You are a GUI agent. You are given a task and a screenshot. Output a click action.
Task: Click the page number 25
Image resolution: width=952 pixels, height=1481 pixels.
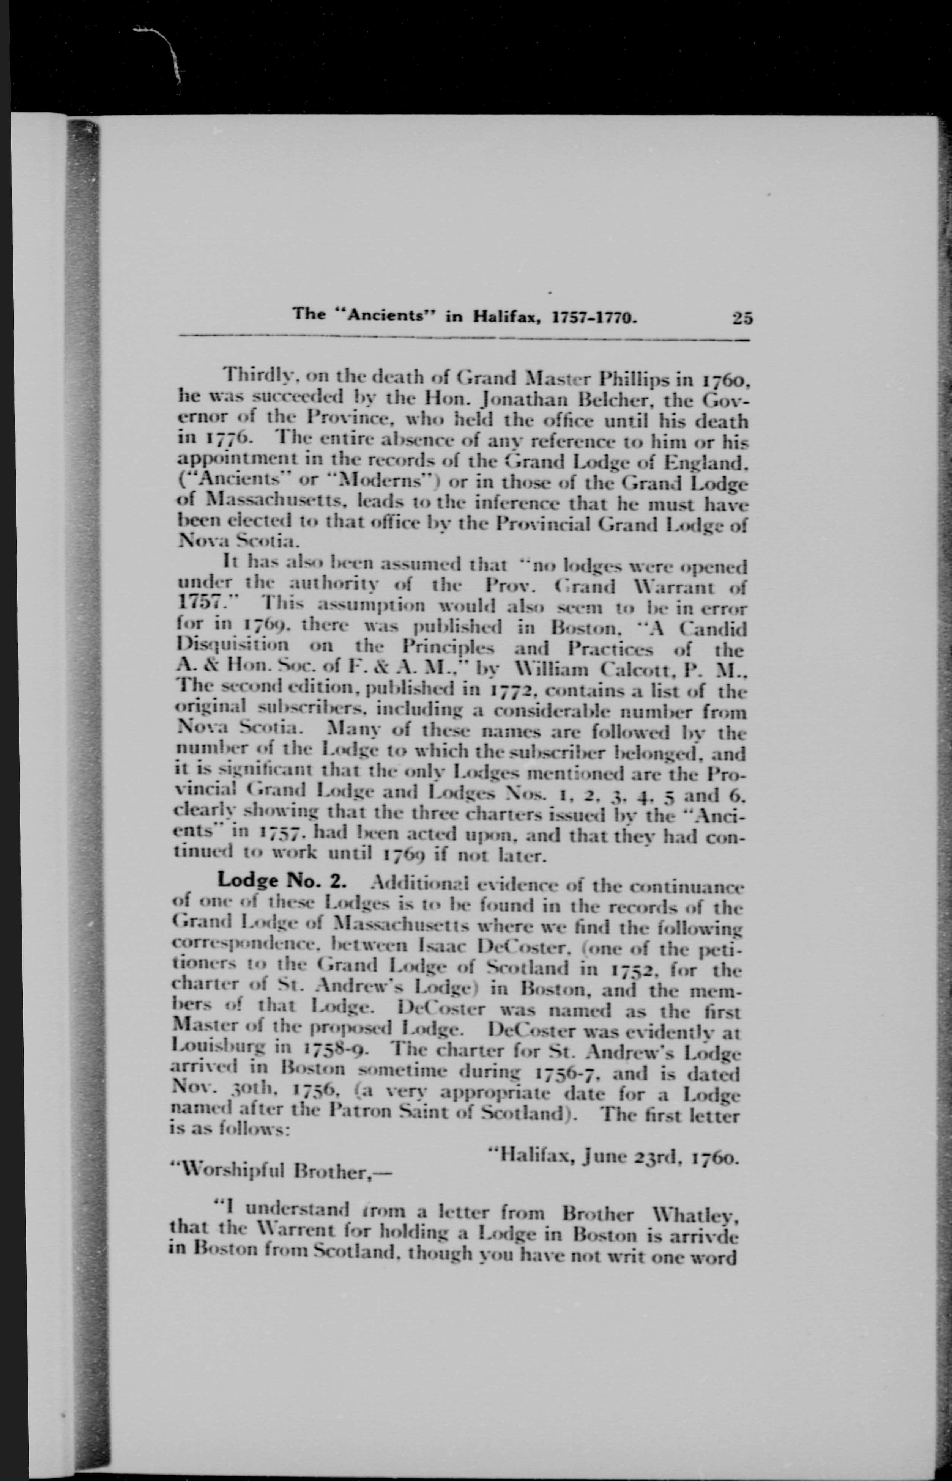[x=742, y=318]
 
